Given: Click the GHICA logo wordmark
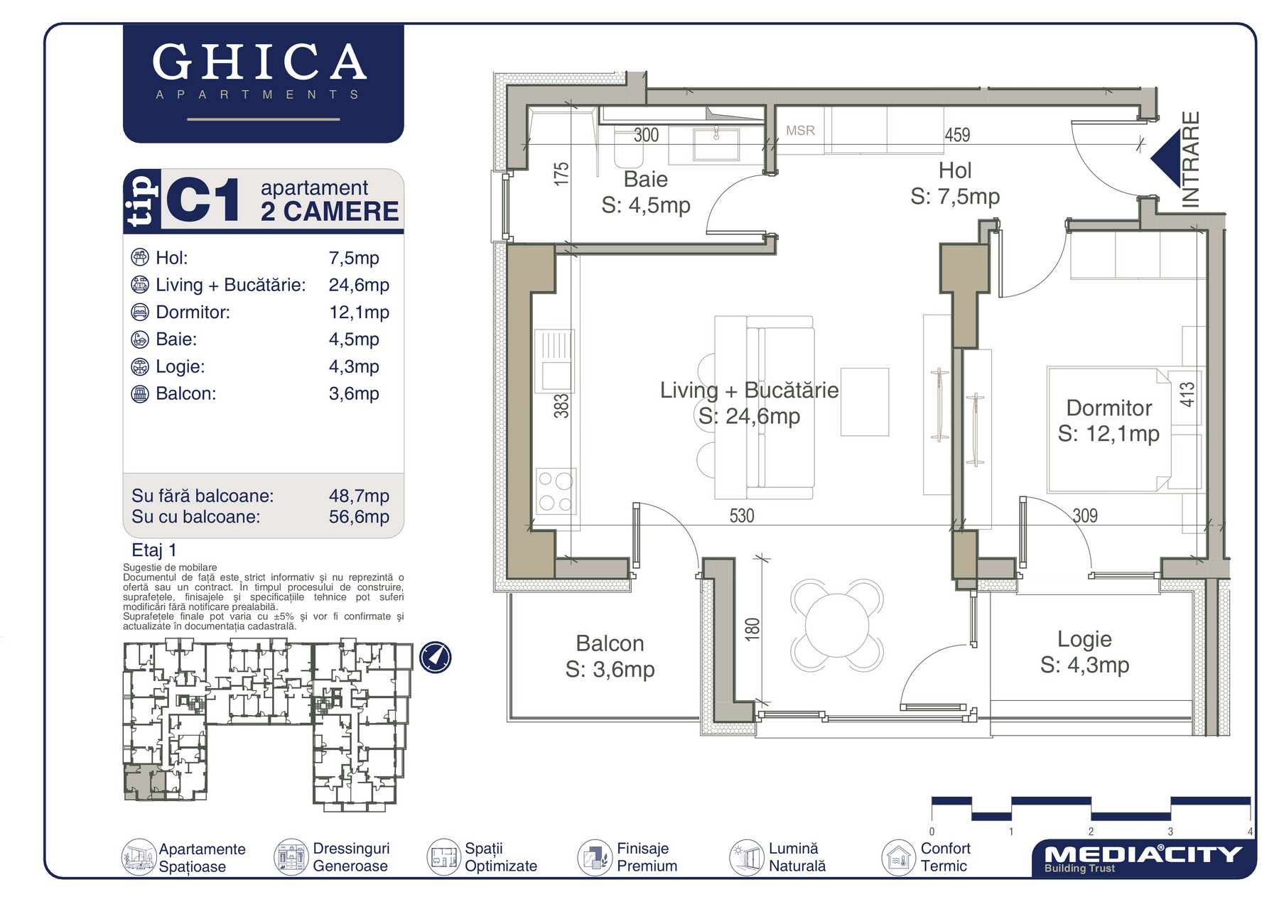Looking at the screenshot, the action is point(259,62).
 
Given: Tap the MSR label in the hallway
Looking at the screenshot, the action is point(800,131).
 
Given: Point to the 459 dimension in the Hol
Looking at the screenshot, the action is point(957,135).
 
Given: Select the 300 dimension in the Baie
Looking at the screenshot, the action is point(646,135).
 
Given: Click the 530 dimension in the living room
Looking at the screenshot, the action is point(742,516).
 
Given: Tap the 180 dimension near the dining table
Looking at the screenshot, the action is point(752,629).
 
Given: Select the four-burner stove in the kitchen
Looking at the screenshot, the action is point(556,491).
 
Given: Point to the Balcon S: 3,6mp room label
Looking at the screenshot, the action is point(610,656).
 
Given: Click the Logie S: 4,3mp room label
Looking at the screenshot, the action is point(1084,652).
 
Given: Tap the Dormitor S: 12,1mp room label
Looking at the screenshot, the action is point(1108,420).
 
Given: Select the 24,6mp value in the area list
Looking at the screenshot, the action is point(359,285).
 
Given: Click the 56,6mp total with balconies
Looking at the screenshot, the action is point(359,517).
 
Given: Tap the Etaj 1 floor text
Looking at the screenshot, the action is point(154,550).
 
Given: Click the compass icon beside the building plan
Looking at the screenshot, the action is point(435,657).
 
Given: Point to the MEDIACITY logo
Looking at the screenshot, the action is point(1143,858).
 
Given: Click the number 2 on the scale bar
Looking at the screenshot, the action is point(1091,832).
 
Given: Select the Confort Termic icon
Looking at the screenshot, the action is point(898,857).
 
